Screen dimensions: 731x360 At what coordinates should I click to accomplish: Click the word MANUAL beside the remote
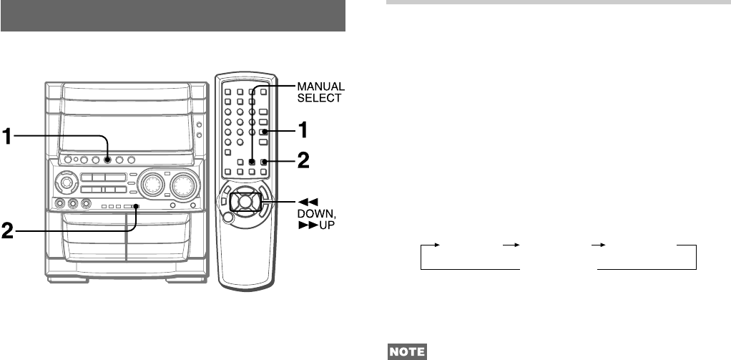point(320,87)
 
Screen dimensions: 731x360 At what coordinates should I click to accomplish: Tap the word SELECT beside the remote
point(319,98)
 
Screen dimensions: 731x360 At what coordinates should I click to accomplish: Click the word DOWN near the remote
point(317,214)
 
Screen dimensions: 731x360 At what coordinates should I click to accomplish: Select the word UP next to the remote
point(327,225)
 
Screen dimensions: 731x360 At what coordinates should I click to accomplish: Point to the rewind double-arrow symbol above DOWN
point(308,203)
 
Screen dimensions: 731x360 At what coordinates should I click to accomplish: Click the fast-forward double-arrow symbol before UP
point(308,225)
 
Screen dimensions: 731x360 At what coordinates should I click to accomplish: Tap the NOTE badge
point(407,351)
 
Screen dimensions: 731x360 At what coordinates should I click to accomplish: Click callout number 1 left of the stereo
point(7,137)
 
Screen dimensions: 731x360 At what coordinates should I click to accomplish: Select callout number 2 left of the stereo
point(7,231)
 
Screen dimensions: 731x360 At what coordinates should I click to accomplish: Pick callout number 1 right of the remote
point(303,130)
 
